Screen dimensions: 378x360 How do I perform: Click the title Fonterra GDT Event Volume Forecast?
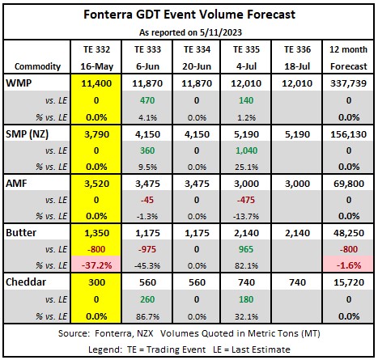189,15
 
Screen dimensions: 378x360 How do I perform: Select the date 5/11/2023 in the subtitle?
221,32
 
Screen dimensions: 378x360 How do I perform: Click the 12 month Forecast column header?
348,57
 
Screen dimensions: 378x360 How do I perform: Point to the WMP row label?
19,83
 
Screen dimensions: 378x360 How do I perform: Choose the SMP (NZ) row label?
27,134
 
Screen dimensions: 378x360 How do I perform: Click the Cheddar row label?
26,282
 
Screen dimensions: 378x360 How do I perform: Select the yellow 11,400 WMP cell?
96,83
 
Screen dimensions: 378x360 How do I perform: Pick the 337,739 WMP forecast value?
348,83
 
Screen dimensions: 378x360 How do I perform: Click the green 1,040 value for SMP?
246,150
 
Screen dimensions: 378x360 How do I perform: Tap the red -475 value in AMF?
246,200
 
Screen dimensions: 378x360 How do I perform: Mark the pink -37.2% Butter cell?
96,265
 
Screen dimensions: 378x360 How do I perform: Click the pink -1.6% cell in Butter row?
348,265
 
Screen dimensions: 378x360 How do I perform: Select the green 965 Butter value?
246,249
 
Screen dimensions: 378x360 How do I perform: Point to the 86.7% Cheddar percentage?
147,316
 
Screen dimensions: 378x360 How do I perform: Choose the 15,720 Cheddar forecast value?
349,282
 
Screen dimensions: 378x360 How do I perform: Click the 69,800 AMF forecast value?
349,184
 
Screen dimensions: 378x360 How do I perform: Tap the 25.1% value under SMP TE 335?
246,167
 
